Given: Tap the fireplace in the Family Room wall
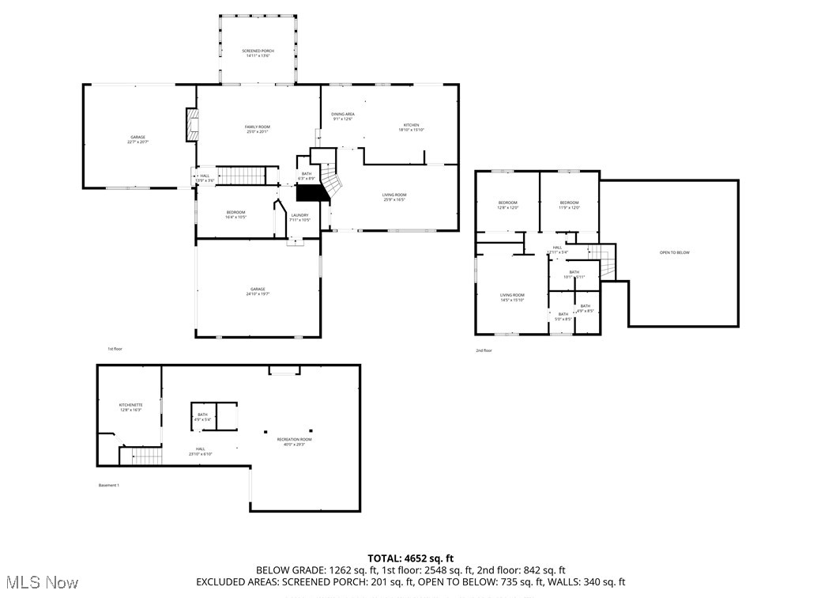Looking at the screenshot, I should (x=192, y=125).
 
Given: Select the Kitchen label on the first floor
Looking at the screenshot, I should (x=411, y=127).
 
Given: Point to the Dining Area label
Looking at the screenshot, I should (x=342, y=116).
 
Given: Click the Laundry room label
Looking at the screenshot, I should (x=299, y=217).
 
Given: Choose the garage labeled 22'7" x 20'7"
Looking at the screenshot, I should (x=137, y=139).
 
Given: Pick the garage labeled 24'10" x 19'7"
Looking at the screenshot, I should (x=258, y=291).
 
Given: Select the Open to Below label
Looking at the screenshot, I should (x=674, y=252).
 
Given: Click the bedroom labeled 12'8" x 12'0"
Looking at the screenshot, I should (x=507, y=205).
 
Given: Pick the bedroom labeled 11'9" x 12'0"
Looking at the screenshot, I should (x=569, y=205).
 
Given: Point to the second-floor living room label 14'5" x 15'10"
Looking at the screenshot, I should (x=512, y=297).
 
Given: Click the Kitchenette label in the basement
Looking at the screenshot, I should (x=130, y=407).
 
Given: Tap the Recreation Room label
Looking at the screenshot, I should (x=294, y=441).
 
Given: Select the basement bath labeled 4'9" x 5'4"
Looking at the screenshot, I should (x=203, y=416).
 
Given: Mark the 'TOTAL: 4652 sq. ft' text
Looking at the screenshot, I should (x=411, y=558).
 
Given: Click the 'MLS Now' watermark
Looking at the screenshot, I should (x=40, y=583).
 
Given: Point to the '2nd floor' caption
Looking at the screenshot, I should (x=484, y=350).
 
